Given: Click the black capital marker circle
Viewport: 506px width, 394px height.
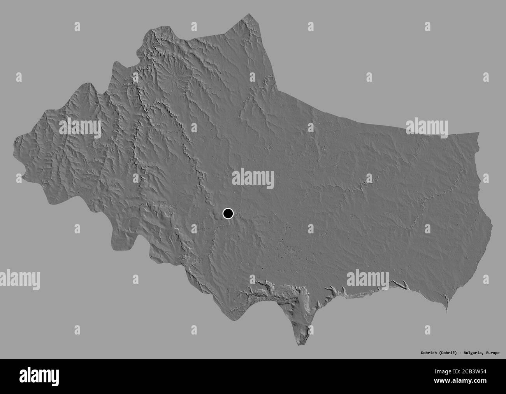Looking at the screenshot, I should click(228, 213).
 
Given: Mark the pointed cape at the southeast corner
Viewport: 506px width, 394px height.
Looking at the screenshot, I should click(447, 311).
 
